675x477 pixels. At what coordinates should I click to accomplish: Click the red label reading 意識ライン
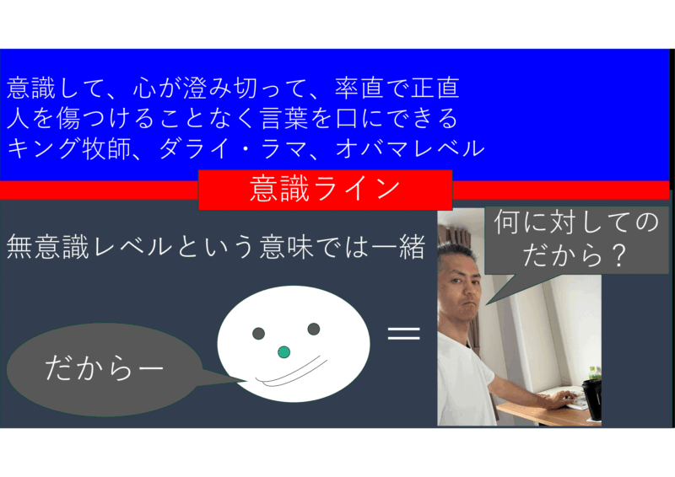(x=325, y=190)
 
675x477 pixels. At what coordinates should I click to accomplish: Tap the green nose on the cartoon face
(x=283, y=351)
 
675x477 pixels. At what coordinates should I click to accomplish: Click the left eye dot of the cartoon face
(x=258, y=333)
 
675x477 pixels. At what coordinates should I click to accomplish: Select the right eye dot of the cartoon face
(x=314, y=329)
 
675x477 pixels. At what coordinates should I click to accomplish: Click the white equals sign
(x=403, y=334)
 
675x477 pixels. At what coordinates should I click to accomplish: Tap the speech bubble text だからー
(x=104, y=368)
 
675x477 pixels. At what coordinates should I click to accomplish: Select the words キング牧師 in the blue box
(x=69, y=149)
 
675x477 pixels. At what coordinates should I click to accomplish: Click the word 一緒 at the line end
(x=399, y=247)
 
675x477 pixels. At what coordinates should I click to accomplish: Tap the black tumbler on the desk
(x=592, y=399)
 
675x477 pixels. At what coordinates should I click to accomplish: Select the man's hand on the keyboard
(x=559, y=400)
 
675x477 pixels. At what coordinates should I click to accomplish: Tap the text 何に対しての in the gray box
(x=576, y=222)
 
